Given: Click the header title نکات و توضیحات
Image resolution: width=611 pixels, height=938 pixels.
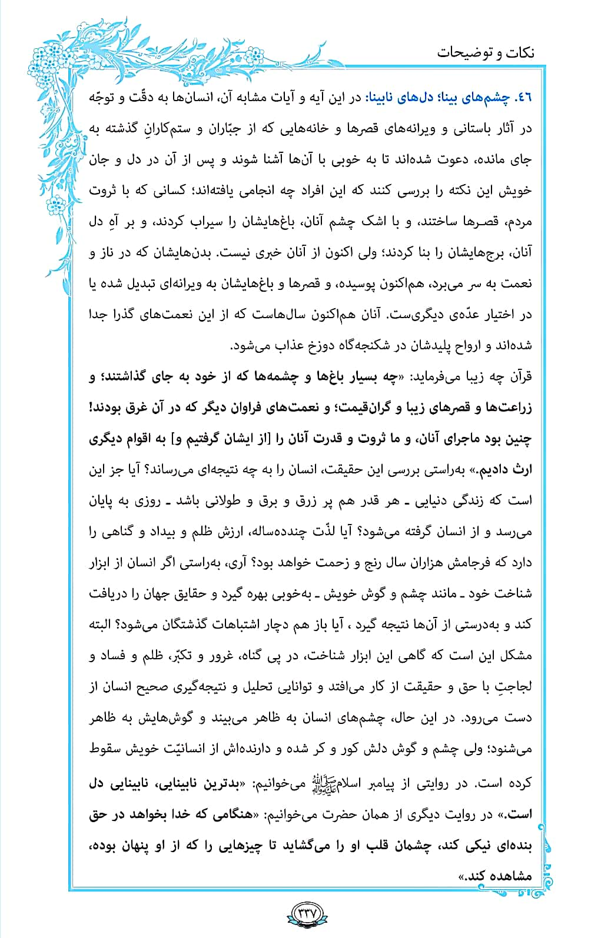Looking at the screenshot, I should [x=486, y=52].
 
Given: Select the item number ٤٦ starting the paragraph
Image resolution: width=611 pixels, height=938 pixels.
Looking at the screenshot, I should [x=524, y=98].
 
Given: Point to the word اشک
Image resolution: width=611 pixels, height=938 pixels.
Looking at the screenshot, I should [x=368, y=222].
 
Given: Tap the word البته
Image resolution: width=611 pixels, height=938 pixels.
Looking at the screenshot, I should [x=104, y=625].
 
